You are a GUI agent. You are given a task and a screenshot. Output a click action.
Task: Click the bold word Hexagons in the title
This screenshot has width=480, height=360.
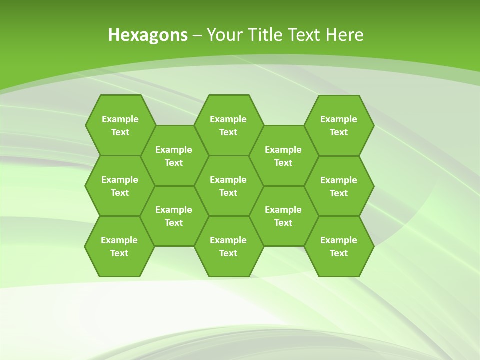click(148, 35)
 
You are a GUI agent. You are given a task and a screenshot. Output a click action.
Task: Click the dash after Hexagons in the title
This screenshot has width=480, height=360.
click(197, 35)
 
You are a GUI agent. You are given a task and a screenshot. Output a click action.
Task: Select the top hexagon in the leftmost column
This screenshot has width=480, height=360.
click(120, 125)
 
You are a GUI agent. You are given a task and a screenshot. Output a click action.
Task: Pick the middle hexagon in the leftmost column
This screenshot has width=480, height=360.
click(120, 186)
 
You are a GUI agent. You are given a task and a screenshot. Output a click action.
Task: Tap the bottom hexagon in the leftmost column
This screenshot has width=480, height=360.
click(119, 246)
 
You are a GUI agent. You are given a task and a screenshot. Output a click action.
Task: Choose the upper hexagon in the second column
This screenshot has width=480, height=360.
click(174, 156)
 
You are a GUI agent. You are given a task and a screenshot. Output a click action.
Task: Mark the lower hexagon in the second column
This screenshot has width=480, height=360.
click(174, 216)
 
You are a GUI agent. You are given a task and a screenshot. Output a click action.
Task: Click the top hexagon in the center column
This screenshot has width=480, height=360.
click(228, 125)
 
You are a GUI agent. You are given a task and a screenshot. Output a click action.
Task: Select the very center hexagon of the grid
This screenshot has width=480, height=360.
click(228, 186)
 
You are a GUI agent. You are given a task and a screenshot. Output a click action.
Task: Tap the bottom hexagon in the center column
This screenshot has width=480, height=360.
click(228, 246)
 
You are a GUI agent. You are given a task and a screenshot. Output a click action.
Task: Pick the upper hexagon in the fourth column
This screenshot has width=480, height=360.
click(283, 156)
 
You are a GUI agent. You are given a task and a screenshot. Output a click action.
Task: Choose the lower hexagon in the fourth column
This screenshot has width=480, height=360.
click(283, 216)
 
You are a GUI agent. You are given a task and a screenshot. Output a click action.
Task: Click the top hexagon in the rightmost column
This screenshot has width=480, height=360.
click(339, 125)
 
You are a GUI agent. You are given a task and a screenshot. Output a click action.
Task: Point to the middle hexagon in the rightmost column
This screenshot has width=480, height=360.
click(339, 186)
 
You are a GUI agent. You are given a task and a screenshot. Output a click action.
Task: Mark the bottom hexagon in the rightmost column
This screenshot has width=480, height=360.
click(339, 246)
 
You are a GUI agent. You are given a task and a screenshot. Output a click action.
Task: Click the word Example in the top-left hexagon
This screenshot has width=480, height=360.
click(120, 119)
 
